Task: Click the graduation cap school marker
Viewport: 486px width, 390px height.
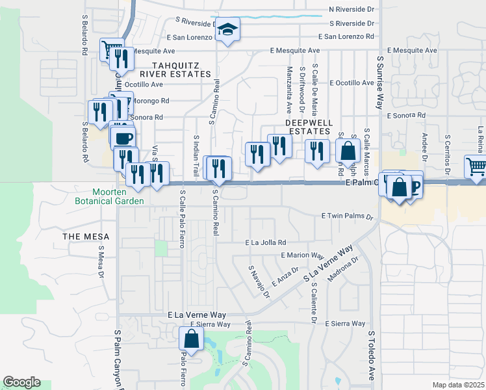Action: (x=227, y=29)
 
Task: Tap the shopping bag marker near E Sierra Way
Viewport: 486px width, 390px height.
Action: (x=191, y=338)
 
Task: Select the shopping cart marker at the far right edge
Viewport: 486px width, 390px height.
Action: (x=476, y=167)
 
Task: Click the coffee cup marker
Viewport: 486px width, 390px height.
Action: (x=123, y=138)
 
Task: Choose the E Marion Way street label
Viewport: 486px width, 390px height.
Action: (x=302, y=256)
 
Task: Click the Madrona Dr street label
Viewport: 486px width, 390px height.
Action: (x=344, y=269)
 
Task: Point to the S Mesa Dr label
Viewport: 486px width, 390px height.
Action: (x=101, y=261)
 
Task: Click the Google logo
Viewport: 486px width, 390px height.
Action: (x=21, y=382)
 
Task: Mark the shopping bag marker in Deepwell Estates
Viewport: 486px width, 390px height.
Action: (x=348, y=151)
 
